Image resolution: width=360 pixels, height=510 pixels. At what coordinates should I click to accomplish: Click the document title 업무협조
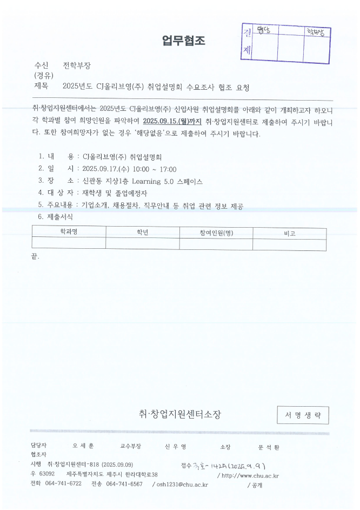[184, 41]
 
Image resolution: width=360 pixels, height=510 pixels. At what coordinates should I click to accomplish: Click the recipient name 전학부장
[77, 66]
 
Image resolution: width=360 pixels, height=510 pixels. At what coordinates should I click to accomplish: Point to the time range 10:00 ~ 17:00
[156, 169]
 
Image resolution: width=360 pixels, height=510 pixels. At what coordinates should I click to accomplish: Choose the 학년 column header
[143, 233]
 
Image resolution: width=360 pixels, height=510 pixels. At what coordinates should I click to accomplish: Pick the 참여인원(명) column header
[216, 233]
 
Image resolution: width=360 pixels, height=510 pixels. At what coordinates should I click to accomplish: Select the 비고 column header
[290, 233]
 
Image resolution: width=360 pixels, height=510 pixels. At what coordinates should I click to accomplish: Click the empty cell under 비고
[290, 244]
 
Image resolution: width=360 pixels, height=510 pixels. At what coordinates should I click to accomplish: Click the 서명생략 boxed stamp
[303, 415]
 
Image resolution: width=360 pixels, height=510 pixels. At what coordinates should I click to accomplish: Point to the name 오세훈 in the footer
[83, 447]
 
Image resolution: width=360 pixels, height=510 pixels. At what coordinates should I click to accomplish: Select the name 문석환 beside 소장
[269, 447]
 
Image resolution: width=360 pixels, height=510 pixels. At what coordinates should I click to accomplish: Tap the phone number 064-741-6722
[63, 484]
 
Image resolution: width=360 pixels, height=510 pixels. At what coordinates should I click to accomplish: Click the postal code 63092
[46, 474]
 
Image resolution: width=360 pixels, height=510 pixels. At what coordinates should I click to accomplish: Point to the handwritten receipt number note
[223, 466]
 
